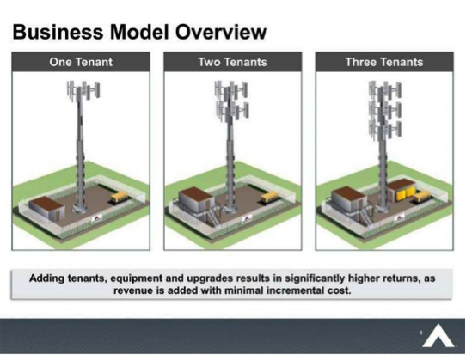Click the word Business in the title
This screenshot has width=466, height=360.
[x=58, y=32]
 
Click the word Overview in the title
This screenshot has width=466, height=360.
[x=221, y=32]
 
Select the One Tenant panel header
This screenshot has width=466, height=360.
[x=81, y=62]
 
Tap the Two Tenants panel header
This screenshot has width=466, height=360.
[x=233, y=62]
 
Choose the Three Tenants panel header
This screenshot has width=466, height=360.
[x=384, y=62]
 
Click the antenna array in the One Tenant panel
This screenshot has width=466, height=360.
[x=83, y=90]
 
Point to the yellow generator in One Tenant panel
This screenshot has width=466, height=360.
[x=120, y=198]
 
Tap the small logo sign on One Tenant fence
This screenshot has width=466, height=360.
[x=97, y=219]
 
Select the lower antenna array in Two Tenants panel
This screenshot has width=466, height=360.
[x=233, y=111]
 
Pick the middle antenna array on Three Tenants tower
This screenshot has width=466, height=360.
[x=385, y=110]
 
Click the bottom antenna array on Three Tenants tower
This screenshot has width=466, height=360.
[x=385, y=130]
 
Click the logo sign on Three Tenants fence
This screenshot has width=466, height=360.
[x=399, y=219]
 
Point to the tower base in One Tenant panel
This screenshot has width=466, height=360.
[x=80, y=206]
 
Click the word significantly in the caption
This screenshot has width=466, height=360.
[x=315, y=278]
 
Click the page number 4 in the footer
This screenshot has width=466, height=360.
[x=420, y=333]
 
